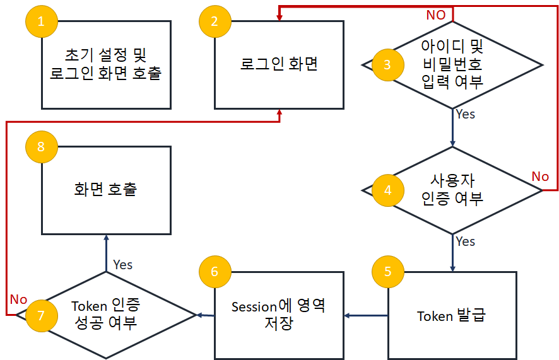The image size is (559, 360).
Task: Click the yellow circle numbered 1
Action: (x=42, y=22)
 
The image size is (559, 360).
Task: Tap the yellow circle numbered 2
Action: (x=215, y=22)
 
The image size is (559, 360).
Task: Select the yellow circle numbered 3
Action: (x=387, y=64)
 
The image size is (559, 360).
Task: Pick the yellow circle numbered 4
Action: (x=387, y=190)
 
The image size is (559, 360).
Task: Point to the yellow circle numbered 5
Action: (x=387, y=272)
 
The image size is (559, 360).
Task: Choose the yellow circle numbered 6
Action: (x=215, y=272)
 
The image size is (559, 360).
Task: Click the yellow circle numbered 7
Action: (x=42, y=315)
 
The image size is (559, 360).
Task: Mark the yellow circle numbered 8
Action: (x=42, y=147)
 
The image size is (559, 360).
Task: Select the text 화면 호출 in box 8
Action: (x=105, y=190)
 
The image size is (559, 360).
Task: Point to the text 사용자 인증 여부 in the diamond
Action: (x=452, y=190)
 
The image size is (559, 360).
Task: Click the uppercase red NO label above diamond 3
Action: (x=435, y=15)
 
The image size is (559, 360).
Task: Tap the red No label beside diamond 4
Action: (x=540, y=177)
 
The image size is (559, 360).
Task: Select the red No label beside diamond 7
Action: (x=19, y=299)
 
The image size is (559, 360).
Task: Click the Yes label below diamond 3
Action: (x=465, y=115)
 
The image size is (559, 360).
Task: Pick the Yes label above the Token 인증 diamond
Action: (x=123, y=265)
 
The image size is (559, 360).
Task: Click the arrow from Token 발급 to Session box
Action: (x=366, y=315)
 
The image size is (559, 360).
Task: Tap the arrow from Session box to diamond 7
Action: (x=206, y=315)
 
